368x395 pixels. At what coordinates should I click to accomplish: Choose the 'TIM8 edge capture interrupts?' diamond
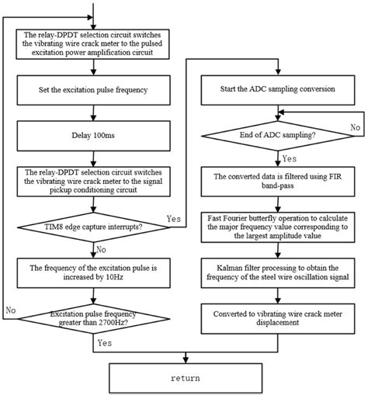[x=94, y=227]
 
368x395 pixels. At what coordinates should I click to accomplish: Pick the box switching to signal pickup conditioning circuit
[x=94, y=186]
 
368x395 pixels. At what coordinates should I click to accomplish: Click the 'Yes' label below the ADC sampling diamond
[x=289, y=158]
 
